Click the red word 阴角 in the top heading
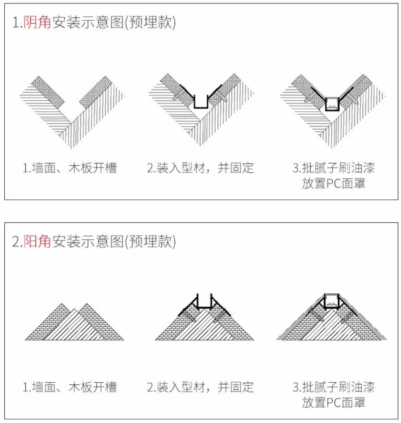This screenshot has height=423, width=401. coord(37,22)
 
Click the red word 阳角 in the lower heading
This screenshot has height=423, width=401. coord(37,241)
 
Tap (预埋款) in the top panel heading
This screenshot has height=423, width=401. coord(151,22)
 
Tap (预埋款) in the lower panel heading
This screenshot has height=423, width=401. coord(151,241)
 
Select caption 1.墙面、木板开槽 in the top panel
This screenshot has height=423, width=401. coord(69,168)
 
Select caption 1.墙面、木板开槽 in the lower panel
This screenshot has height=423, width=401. coord(69,387)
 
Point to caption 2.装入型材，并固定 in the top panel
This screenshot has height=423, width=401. coord(200,168)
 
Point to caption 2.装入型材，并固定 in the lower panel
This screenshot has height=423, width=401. coord(200,387)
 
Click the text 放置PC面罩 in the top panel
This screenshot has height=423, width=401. coord(334,183)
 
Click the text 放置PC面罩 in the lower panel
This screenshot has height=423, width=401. coord(334,402)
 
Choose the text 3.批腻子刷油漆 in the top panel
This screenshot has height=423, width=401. coord(334,168)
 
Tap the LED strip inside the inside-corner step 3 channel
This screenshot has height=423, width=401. coord(332,108)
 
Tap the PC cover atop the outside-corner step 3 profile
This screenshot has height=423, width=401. coord(332,295)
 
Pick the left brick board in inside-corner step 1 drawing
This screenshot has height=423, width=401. coord(48,92)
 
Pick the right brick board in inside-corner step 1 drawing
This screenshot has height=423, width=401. coord(96,92)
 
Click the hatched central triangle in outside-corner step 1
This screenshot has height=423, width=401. coord(74,328)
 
